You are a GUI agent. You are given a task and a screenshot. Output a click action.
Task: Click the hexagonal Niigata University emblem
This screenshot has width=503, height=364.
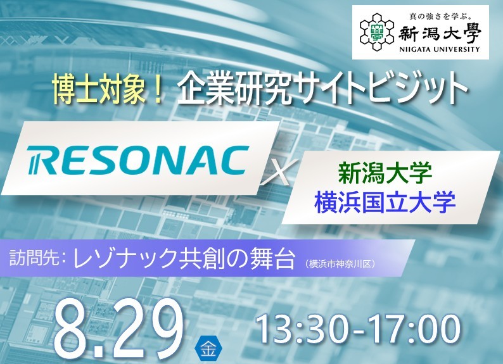(376, 32)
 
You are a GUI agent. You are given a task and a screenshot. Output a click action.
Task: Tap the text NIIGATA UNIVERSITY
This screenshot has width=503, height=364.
(440, 49)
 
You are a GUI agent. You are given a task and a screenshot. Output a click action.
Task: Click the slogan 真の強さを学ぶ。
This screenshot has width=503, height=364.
(441, 16)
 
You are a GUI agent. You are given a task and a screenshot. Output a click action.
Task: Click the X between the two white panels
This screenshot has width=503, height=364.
(276, 173)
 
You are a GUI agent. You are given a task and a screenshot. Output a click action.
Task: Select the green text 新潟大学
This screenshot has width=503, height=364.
(385, 173)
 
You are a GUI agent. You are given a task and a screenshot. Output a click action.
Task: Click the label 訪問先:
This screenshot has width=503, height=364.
(38, 257)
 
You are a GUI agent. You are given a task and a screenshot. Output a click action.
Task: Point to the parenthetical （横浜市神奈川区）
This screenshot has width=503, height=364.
(340, 264)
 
